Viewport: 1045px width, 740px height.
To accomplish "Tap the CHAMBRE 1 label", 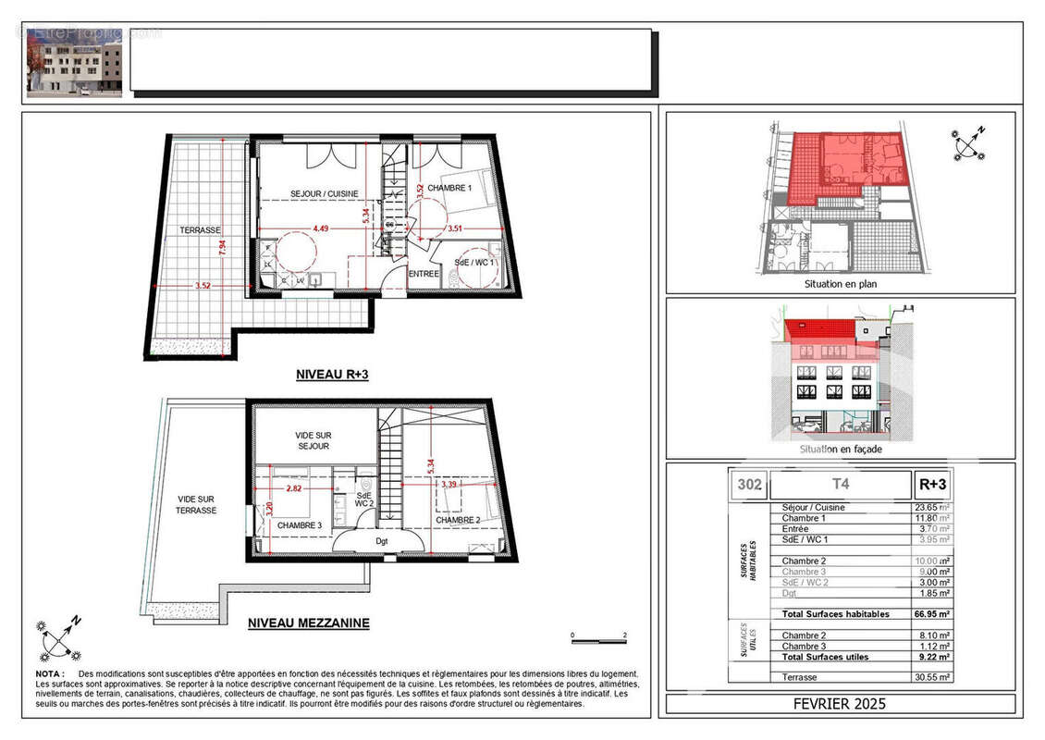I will pyautogui.click(x=450, y=189).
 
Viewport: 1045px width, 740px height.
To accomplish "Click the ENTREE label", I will pyautogui.click(x=424, y=273).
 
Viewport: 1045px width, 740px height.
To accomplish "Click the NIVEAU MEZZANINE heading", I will pyautogui.click(x=308, y=623).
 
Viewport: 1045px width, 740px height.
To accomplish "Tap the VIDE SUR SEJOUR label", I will pyautogui.click(x=312, y=440).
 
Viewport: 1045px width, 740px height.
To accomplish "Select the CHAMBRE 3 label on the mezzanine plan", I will pyautogui.click(x=300, y=525).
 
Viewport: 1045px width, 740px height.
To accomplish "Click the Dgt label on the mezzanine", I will pyautogui.click(x=382, y=543).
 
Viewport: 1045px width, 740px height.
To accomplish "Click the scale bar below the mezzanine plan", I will pyautogui.click(x=598, y=640).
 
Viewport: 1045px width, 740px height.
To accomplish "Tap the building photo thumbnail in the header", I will pyautogui.click(x=74, y=62).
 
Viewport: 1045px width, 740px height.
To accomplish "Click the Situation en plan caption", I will pyautogui.click(x=841, y=284).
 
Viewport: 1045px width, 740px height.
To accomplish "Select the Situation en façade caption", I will pyautogui.click(x=841, y=449).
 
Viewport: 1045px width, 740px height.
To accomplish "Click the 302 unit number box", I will pyautogui.click(x=748, y=484).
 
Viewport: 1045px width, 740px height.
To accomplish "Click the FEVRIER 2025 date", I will pyautogui.click(x=840, y=704).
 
